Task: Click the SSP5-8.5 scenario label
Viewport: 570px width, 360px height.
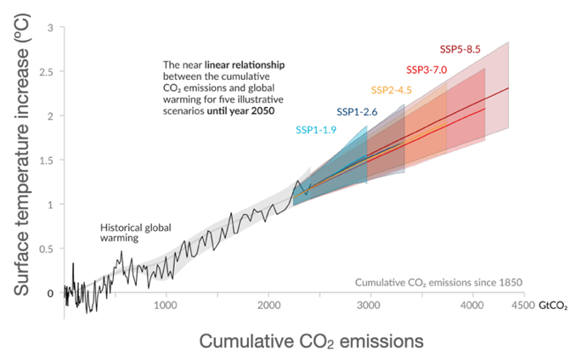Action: tap(460, 49)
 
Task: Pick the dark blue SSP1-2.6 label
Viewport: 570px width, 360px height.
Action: tap(358, 111)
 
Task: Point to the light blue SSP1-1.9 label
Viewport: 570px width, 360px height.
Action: tap(317, 129)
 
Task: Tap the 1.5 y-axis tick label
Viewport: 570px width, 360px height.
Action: tap(47, 160)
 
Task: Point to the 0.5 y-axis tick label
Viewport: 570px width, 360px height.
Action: tap(47, 249)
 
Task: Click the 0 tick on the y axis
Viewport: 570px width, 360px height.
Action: tap(50, 293)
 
